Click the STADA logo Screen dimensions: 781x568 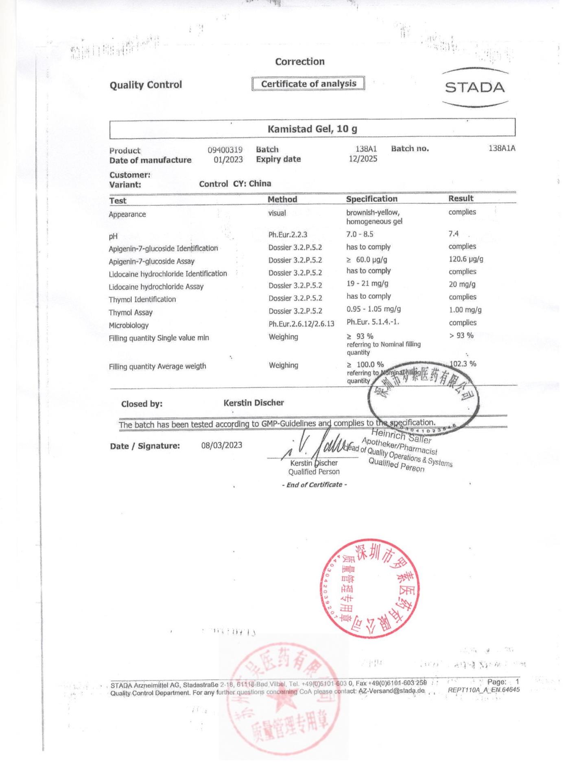pyautogui.click(x=474, y=87)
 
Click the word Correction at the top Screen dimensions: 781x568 pyautogui.click(x=300, y=62)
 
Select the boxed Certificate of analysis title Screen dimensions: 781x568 pyautogui.click(x=308, y=84)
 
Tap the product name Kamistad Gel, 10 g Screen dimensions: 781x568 pyautogui.click(x=312, y=129)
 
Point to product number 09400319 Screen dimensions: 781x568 pyautogui.click(x=225, y=150)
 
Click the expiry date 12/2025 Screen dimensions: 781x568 pyautogui.click(x=363, y=159)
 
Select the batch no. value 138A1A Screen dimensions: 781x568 pyautogui.click(x=502, y=148)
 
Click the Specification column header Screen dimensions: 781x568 pyautogui.click(x=371, y=199)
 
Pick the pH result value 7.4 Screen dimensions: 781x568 pyautogui.click(x=453, y=234)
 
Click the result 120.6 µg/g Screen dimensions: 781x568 pyautogui.click(x=466, y=259)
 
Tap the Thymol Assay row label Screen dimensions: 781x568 pyautogui.click(x=131, y=312)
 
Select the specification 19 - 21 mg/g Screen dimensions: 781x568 pyautogui.click(x=367, y=284)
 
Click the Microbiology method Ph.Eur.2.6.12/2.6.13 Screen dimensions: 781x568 pyautogui.click(x=301, y=324)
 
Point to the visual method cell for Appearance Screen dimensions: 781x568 pyautogui.click(x=277, y=213)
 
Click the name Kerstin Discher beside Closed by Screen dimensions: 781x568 pyautogui.click(x=253, y=403)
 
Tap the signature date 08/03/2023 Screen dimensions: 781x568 pyautogui.click(x=222, y=445)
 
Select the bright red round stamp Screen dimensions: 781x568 pyautogui.click(x=369, y=588)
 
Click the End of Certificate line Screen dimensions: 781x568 pyautogui.click(x=314, y=485)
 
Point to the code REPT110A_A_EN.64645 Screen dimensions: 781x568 pyautogui.click(x=483, y=690)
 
